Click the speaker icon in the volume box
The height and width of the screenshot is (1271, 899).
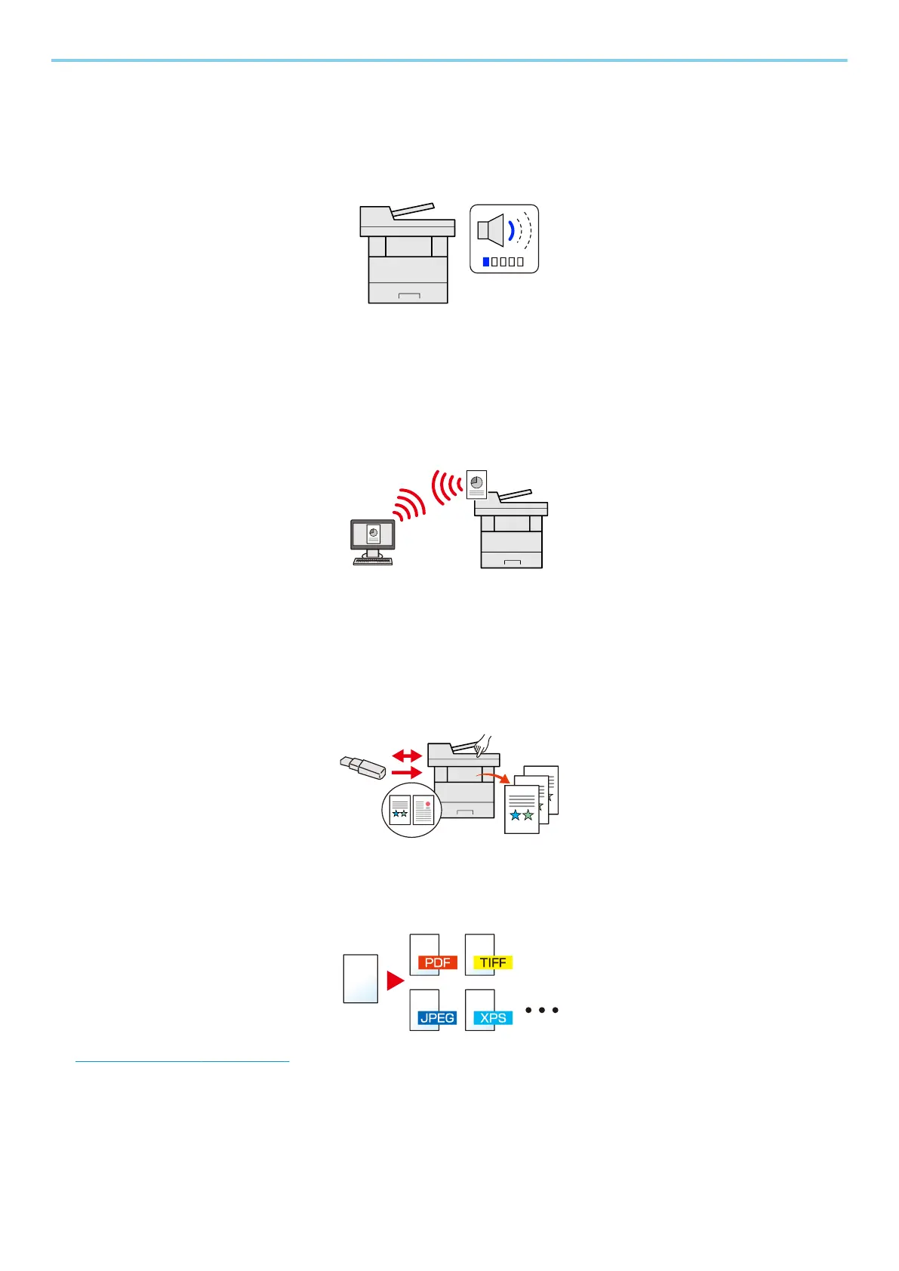tap(491, 229)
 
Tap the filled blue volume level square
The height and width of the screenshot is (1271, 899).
tap(486, 262)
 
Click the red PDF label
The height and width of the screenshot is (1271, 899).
tap(438, 962)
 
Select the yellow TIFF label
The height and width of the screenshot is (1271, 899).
tap(493, 962)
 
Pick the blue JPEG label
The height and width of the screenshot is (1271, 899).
tap(438, 1017)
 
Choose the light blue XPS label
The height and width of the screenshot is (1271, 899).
tap(493, 1017)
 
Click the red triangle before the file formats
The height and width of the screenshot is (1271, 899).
tap(395, 980)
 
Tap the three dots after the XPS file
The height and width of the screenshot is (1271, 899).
tap(542, 1010)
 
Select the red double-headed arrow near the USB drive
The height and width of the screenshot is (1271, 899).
tap(408, 755)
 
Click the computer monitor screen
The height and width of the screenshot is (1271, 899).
tap(373, 535)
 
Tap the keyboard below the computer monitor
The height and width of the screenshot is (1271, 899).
tap(373, 561)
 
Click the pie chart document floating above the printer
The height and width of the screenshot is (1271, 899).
tap(477, 484)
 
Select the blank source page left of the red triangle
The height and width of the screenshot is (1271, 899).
tap(360, 979)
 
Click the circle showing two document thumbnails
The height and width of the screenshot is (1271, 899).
tap(411, 810)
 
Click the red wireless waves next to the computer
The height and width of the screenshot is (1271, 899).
tap(408, 506)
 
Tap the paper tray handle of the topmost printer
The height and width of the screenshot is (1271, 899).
tap(408, 294)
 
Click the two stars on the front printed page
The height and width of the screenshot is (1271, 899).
tap(521, 815)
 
